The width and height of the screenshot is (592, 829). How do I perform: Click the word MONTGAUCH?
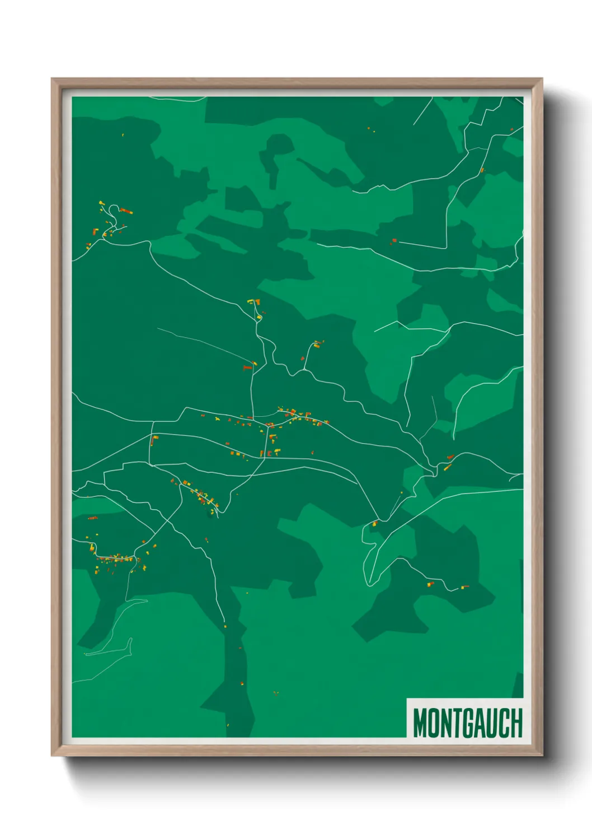(x=467, y=723)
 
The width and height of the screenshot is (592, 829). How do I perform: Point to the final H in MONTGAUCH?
(x=516, y=723)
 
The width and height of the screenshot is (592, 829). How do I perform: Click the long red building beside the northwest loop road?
(x=126, y=211)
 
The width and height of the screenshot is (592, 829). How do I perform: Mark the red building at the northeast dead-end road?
(x=394, y=241)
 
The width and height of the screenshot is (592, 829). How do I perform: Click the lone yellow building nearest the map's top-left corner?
(x=123, y=135)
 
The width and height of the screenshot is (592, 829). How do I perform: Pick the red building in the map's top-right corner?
(x=511, y=129)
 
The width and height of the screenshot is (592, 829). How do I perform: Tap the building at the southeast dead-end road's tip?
(x=464, y=587)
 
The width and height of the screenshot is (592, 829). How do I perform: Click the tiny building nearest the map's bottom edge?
(x=228, y=724)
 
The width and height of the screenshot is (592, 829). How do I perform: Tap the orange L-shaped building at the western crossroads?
(x=154, y=440)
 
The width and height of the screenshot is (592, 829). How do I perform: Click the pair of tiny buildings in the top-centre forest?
(x=371, y=130)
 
